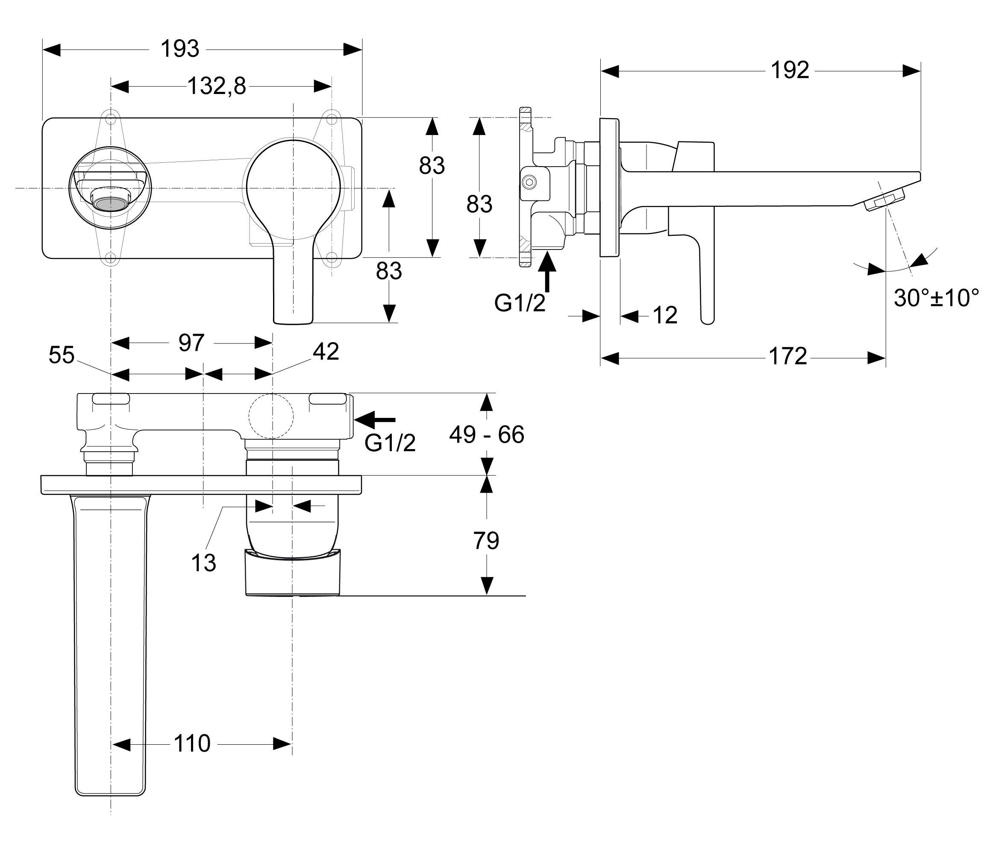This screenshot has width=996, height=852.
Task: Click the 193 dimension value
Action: (x=179, y=49)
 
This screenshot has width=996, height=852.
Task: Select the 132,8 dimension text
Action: (x=216, y=87)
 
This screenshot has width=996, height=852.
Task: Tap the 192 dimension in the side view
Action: (x=790, y=71)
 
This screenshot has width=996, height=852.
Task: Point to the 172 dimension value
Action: (x=788, y=357)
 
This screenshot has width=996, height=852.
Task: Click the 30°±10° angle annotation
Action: (x=936, y=298)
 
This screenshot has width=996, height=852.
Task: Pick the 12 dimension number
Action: (x=665, y=316)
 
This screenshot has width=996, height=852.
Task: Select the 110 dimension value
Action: (x=192, y=744)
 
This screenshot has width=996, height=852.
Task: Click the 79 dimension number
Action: (x=486, y=541)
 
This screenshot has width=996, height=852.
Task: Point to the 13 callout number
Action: (x=203, y=563)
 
